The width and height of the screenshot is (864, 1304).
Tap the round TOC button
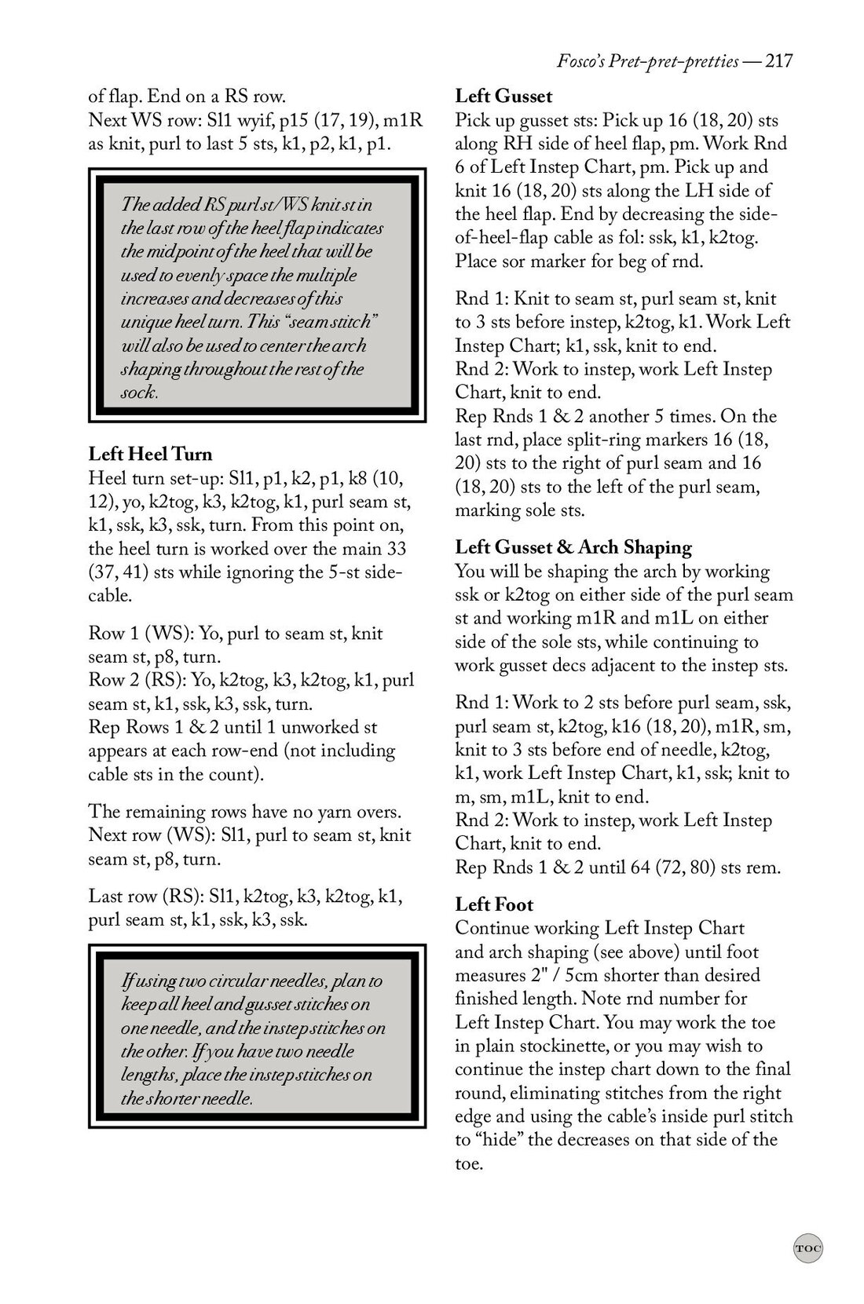[x=807, y=1247]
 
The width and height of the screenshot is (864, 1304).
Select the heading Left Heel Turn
[x=150, y=454]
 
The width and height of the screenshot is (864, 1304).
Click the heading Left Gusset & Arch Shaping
[x=573, y=547]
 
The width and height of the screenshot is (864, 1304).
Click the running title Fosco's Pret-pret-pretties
[x=646, y=61]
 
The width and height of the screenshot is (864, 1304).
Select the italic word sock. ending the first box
[x=139, y=393]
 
